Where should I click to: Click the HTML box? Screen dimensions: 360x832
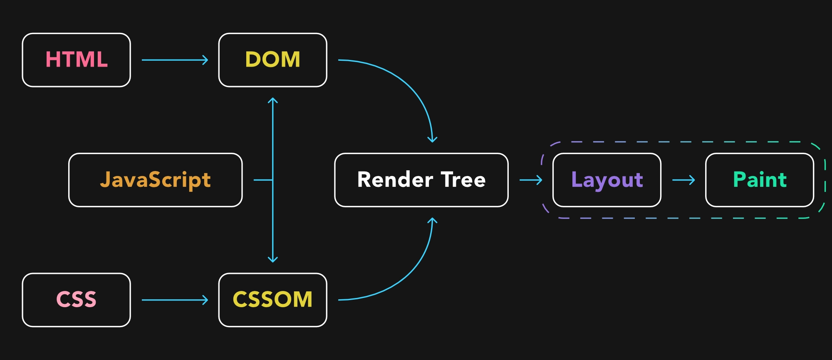(76, 60)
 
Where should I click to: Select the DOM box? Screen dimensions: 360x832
(272, 60)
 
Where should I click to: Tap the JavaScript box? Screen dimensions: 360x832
(155, 180)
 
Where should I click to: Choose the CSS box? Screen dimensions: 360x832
(76, 300)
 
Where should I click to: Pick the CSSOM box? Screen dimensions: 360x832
(272, 300)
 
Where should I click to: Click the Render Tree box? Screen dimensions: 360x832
(421, 180)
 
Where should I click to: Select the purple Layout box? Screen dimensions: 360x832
(607, 180)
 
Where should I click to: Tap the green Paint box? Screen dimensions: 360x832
(759, 180)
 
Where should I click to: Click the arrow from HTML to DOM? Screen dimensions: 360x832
(175, 60)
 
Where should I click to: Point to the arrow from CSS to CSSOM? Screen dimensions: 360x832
(175, 300)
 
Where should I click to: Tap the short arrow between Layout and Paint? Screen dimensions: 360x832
(683, 180)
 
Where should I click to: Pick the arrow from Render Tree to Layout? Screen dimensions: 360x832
(531, 180)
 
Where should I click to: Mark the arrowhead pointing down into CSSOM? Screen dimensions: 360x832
(272, 260)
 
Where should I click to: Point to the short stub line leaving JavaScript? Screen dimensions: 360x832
(263, 180)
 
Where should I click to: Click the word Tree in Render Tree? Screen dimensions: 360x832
(463, 180)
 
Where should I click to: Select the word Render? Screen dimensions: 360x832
(395, 180)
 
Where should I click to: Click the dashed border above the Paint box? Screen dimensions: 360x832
(759, 142)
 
